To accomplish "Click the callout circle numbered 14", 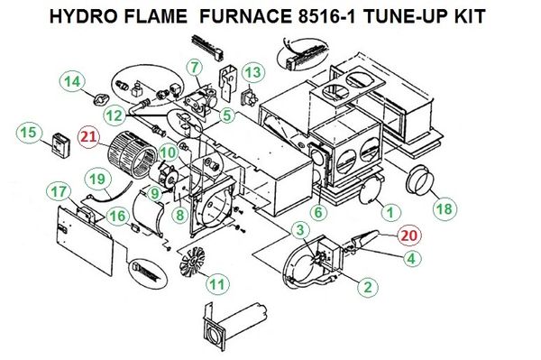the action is pos(72,82).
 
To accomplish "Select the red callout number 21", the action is pos(88,137).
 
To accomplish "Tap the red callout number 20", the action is pos(409,235).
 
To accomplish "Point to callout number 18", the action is pos(445,208).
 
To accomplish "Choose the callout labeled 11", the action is pos(217,284).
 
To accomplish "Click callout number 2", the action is pos(368,287).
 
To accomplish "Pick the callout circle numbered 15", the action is pos(28,133).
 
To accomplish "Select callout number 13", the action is pos(253,73).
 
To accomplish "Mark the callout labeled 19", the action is pos(98,180).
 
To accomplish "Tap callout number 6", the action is pos(319,212).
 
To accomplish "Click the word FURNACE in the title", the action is pos(245,16).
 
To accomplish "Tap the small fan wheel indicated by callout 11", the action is pos(192,262).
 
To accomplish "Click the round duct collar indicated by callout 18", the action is pos(419,180).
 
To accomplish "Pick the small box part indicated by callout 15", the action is pos(61,145).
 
